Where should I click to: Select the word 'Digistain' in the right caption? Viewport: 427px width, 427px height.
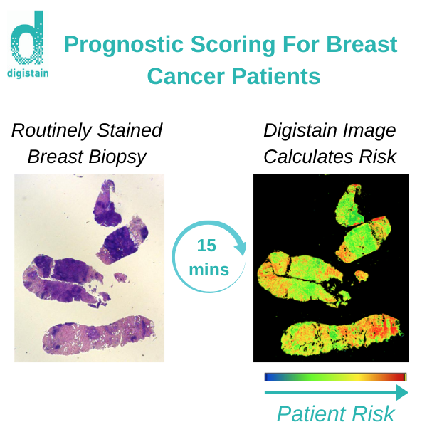point(304,131)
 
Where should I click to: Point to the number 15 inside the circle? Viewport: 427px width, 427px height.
point(206,246)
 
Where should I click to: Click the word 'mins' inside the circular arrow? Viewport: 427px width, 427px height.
point(209,269)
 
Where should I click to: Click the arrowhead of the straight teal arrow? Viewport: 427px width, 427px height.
point(402,392)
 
